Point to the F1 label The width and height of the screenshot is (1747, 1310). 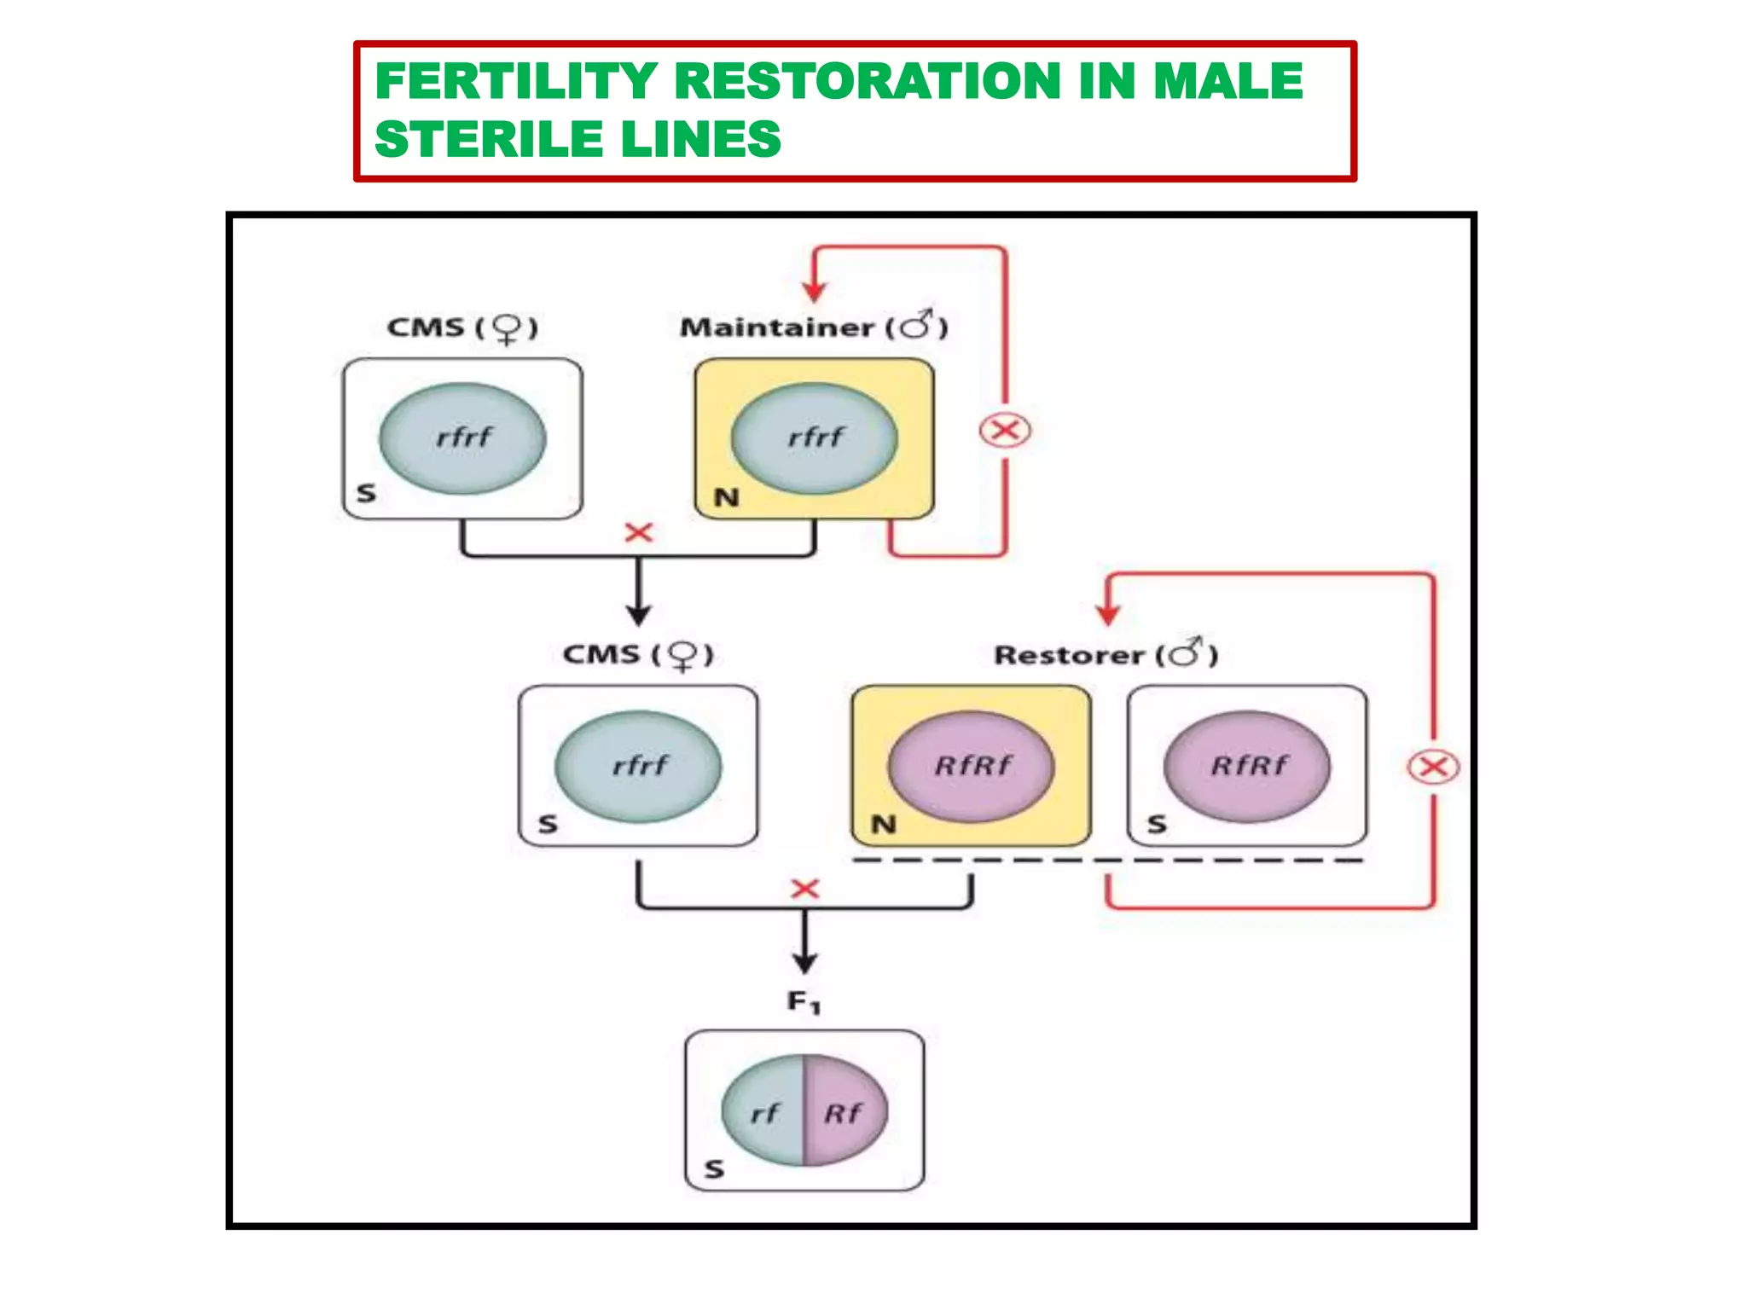[803, 1001]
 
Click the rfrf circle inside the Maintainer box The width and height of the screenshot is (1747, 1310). [815, 438]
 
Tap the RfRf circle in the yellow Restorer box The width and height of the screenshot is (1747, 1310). [972, 766]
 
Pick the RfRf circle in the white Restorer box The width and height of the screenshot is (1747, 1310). [1247, 766]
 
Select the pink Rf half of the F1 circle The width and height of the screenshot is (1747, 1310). [843, 1112]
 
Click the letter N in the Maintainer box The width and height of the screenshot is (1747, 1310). [726, 497]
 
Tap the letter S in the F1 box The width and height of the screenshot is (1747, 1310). [715, 1168]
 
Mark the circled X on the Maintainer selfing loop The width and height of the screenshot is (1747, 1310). [1005, 431]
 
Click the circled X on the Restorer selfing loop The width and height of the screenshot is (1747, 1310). [1433, 767]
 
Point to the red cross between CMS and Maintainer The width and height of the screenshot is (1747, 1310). [638, 533]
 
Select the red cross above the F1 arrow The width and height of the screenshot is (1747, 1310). [804, 889]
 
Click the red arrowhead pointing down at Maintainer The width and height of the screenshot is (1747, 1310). [815, 292]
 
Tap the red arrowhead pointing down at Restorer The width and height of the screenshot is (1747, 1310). [1107, 614]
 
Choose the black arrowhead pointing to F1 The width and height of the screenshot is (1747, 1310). [804, 964]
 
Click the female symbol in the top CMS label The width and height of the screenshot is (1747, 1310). [508, 328]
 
